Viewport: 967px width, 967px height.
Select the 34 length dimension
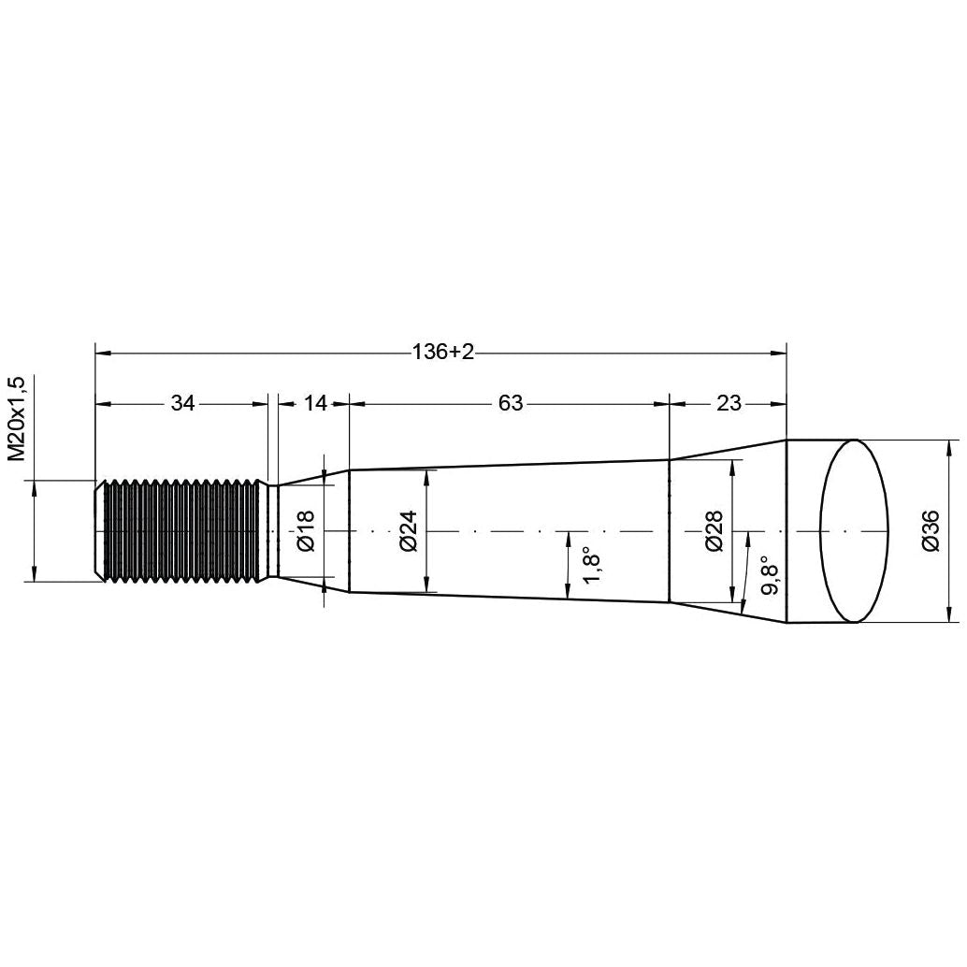[x=181, y=403]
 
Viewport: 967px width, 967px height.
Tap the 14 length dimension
[x=316, y=403]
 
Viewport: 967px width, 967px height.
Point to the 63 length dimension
[x=510, y=403]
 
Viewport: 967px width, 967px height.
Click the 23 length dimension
[x=729, y=403]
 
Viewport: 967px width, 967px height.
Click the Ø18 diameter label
[x=306, y=531]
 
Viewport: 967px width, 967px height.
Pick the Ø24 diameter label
[x=408, y=531]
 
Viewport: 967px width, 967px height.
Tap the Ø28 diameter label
[x=714, y=531]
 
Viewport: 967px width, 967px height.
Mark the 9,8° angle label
[x=771, y=573]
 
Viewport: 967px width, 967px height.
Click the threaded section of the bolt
[x=182, y=531]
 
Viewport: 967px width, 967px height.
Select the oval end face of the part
[x=853, y=531]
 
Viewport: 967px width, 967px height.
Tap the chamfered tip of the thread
[x=98, y=531]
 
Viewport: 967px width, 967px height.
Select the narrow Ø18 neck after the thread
[x=272, y=531]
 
